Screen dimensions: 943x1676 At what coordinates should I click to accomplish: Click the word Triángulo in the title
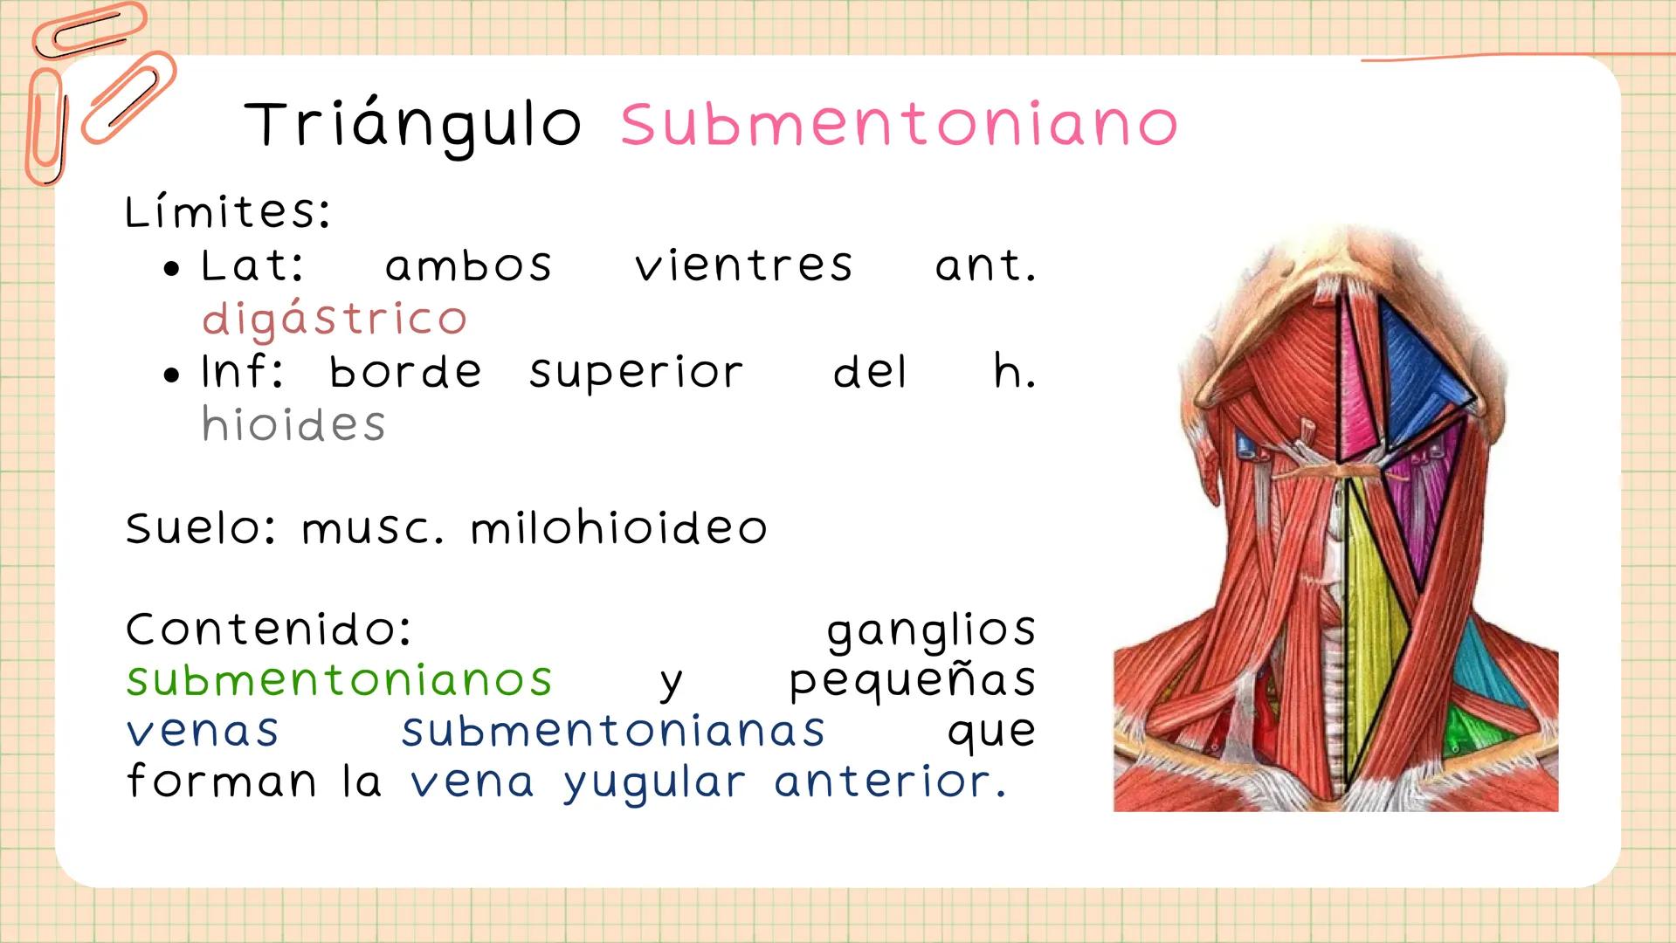[412, 125]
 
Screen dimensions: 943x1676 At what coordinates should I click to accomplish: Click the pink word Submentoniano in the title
[900, 125]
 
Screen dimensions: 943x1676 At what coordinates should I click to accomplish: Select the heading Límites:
[227, 212]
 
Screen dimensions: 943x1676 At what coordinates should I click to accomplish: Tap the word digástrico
[335, 320]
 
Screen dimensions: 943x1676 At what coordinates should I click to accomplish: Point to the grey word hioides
[293, 425]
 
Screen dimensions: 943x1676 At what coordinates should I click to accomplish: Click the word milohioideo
[618, 528]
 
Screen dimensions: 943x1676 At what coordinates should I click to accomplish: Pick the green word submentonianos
[339, 679]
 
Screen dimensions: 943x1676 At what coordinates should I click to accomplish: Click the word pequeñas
[912, 681]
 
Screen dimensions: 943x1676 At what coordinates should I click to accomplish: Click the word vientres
[743, 265]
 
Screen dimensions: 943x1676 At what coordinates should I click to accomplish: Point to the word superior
[636, 373]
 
